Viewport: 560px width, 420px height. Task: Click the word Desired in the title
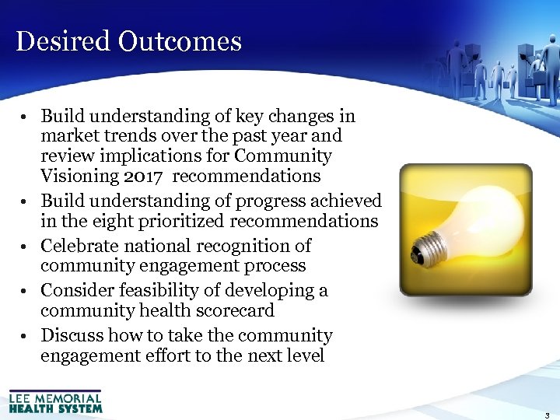pos(62,41)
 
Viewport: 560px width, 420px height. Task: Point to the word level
pos(303,356)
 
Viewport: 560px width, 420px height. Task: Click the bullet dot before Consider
pos(26,292)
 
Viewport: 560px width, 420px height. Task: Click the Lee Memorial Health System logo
pos(55,401)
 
